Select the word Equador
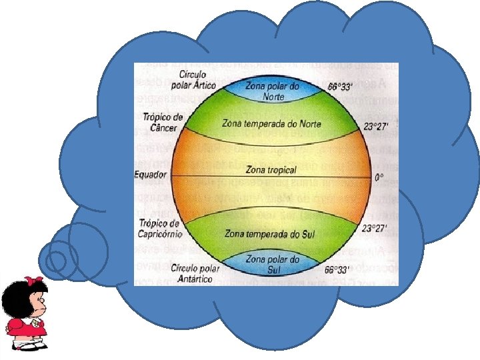click(151, 175)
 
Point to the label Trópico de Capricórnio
click(161, 227)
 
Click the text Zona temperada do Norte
click(274, 124)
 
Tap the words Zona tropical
click(271, 170)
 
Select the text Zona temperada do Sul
click(270, 234)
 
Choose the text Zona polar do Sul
click(272, 264)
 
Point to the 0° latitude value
click(379, 177)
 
